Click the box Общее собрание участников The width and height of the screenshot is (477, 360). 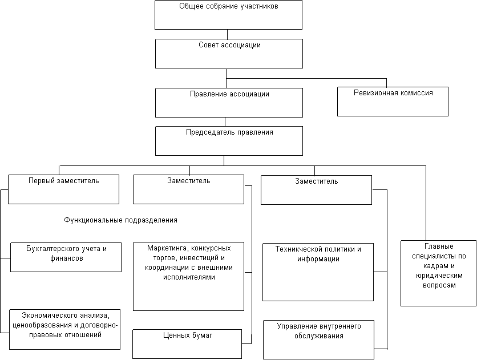[228, 15]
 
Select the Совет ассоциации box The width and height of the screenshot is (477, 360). [229, 54]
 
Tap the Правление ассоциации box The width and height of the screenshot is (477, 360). [229, 103]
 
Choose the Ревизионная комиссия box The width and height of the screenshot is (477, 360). [393, 102]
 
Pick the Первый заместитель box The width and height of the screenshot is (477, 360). [63, 189]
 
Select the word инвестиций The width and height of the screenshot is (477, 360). [187, 258]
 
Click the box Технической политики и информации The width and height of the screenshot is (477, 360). [318, 272]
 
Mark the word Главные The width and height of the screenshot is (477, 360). [438, 246]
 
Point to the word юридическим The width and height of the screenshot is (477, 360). [438, 276]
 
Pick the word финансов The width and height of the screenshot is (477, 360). [66, 258]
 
